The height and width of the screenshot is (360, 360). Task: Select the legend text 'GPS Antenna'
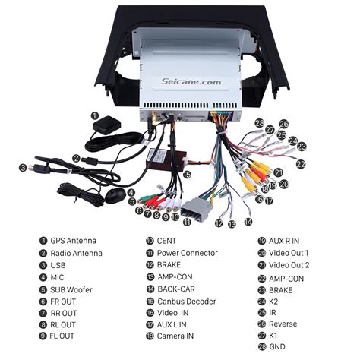(x=74, y=241)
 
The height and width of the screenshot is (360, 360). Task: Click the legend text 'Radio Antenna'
(x=76, y=253)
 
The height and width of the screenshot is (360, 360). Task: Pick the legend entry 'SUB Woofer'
(x=73, y=289)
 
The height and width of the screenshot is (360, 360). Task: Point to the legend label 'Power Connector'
(x=188, y=253)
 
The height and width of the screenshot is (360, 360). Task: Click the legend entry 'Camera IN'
(x=175, y=336)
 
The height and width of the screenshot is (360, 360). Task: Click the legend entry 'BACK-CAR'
(x=177, y=289)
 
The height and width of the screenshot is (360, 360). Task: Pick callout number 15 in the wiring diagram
(x=186, y=174)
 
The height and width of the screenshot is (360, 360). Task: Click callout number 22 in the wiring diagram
(x=301, y=164)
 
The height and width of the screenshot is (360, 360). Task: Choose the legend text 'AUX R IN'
(x=284, y=241)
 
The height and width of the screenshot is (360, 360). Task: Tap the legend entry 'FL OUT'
(x=64, y=336)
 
